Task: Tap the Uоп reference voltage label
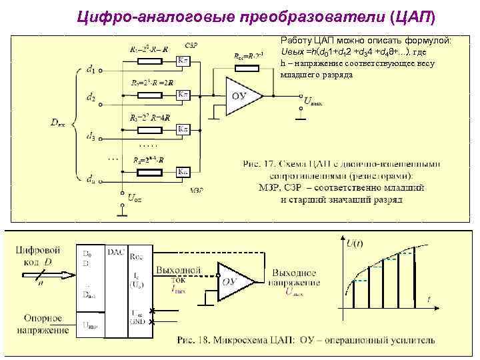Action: coord(135,197)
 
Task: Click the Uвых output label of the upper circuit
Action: coord(313,103)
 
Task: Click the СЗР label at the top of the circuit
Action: coord(191,45)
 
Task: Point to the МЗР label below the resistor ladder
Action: coord(196,190)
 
